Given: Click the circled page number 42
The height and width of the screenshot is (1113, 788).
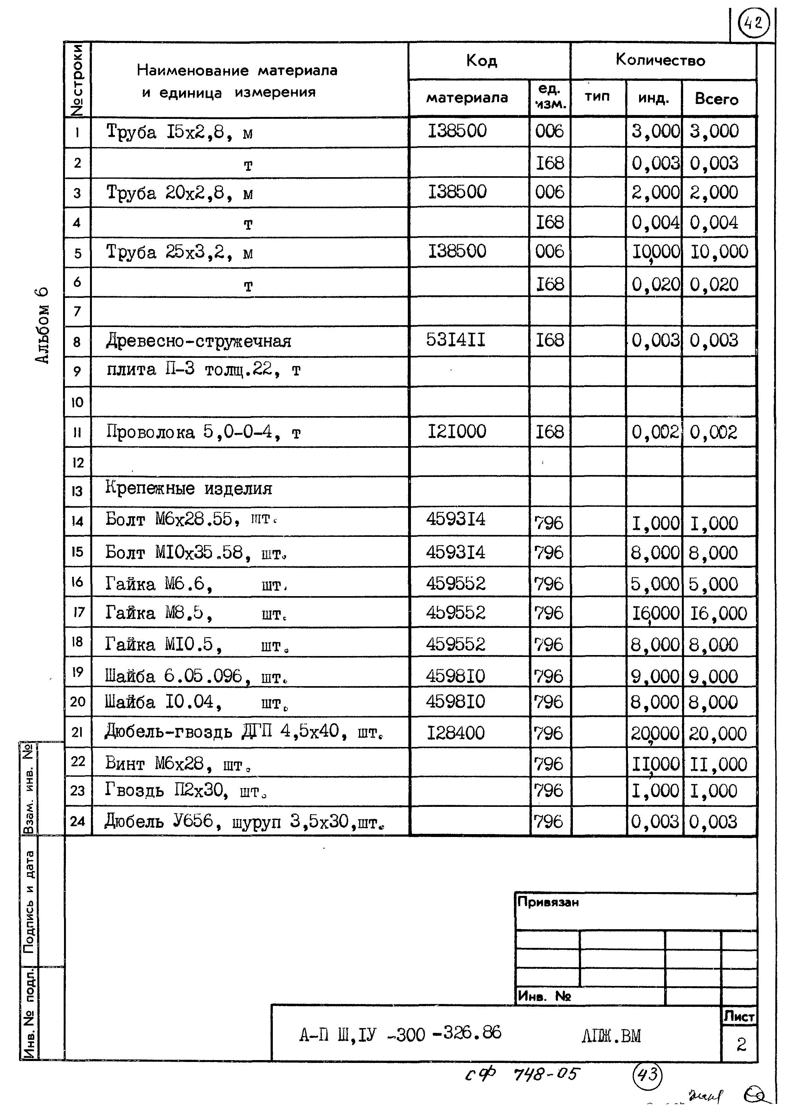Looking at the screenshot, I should coord(753,23).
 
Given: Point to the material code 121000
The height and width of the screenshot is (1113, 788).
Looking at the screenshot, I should coord(457,431).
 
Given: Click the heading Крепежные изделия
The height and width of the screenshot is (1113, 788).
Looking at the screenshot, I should coord(189,489).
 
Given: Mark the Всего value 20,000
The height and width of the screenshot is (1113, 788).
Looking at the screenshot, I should coord(718,734).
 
